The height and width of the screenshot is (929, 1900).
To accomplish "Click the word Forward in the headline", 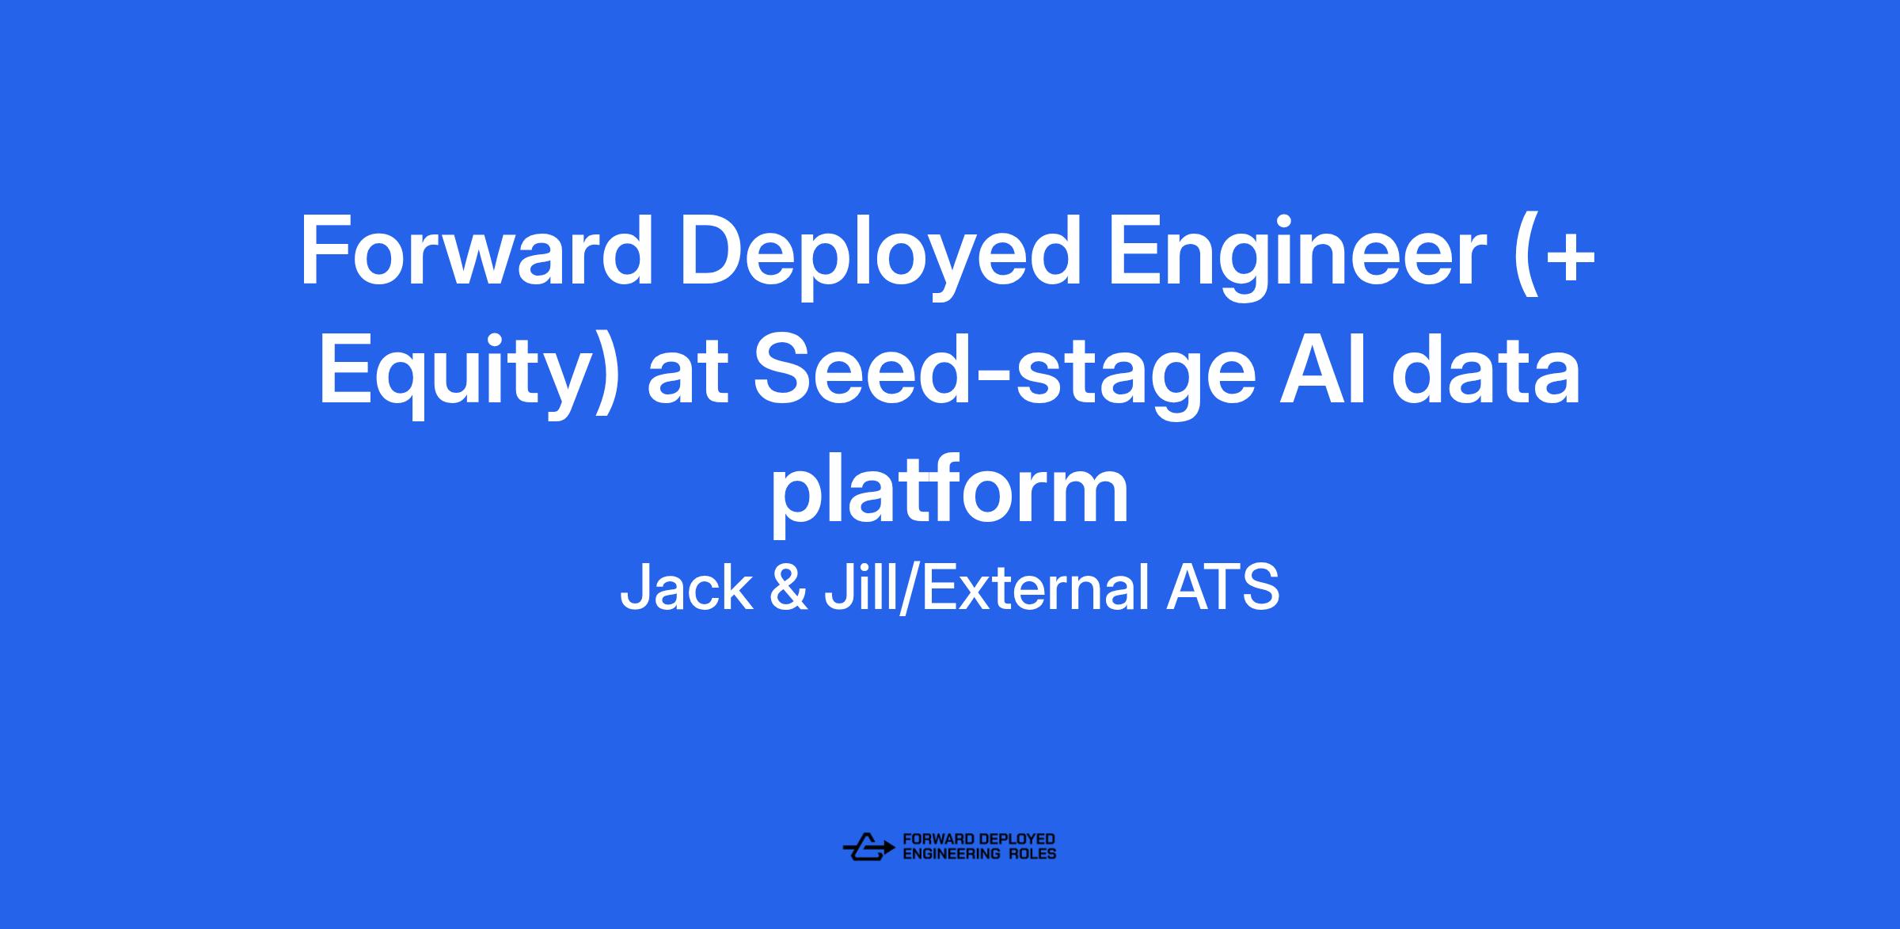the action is (x=476, y=253).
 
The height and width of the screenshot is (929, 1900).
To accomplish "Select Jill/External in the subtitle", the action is (x=986, y=588).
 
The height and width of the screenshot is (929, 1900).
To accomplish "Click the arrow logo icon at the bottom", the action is (x=868, y=847).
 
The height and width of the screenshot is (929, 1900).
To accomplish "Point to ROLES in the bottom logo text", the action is (x=1032, y=854).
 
